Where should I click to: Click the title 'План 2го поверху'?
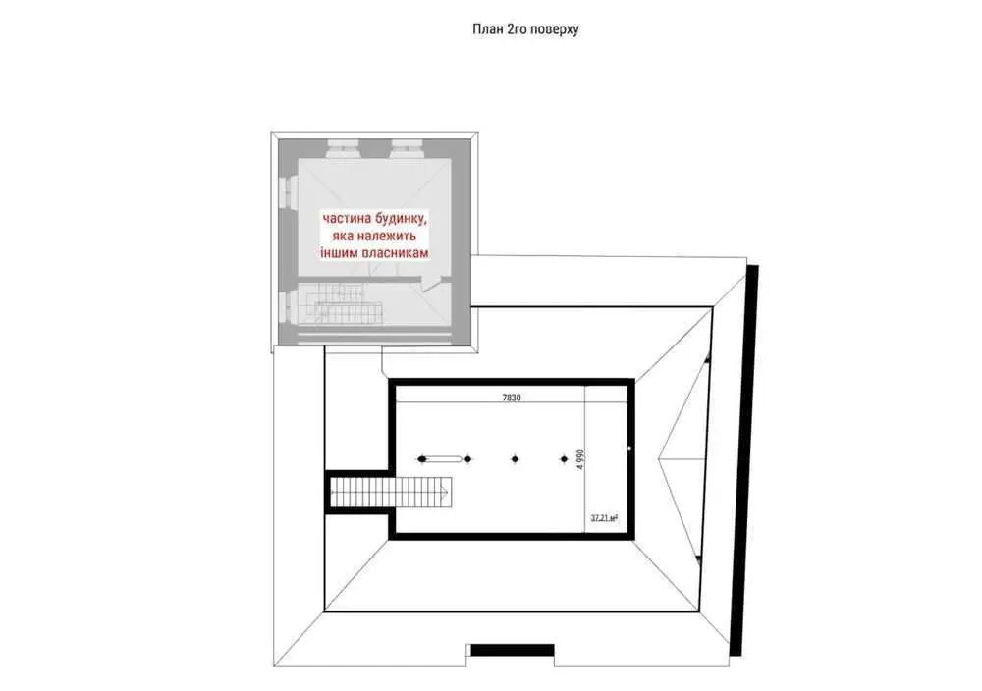tap(525, 29)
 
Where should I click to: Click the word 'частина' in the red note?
tap(347, 219)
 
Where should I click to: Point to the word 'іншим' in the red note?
tap(339, 253)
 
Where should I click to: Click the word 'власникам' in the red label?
tap(395, 253)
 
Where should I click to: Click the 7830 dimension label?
tap(512, 398)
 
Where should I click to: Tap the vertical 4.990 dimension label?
tap(580, 459)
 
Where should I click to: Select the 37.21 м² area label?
tap(604, 518)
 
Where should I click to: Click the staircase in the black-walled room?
tap(391, 492)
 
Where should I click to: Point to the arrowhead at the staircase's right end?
tap(445, 492)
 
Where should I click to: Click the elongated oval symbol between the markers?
tap(445, 459)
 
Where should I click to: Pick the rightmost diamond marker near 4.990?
tap(564, 459)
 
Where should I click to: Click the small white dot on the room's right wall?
tap(630, 449)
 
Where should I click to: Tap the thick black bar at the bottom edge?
tap(513, 651)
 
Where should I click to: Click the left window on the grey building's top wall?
tap(343, 148)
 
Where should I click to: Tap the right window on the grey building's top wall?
tap(408, 148)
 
